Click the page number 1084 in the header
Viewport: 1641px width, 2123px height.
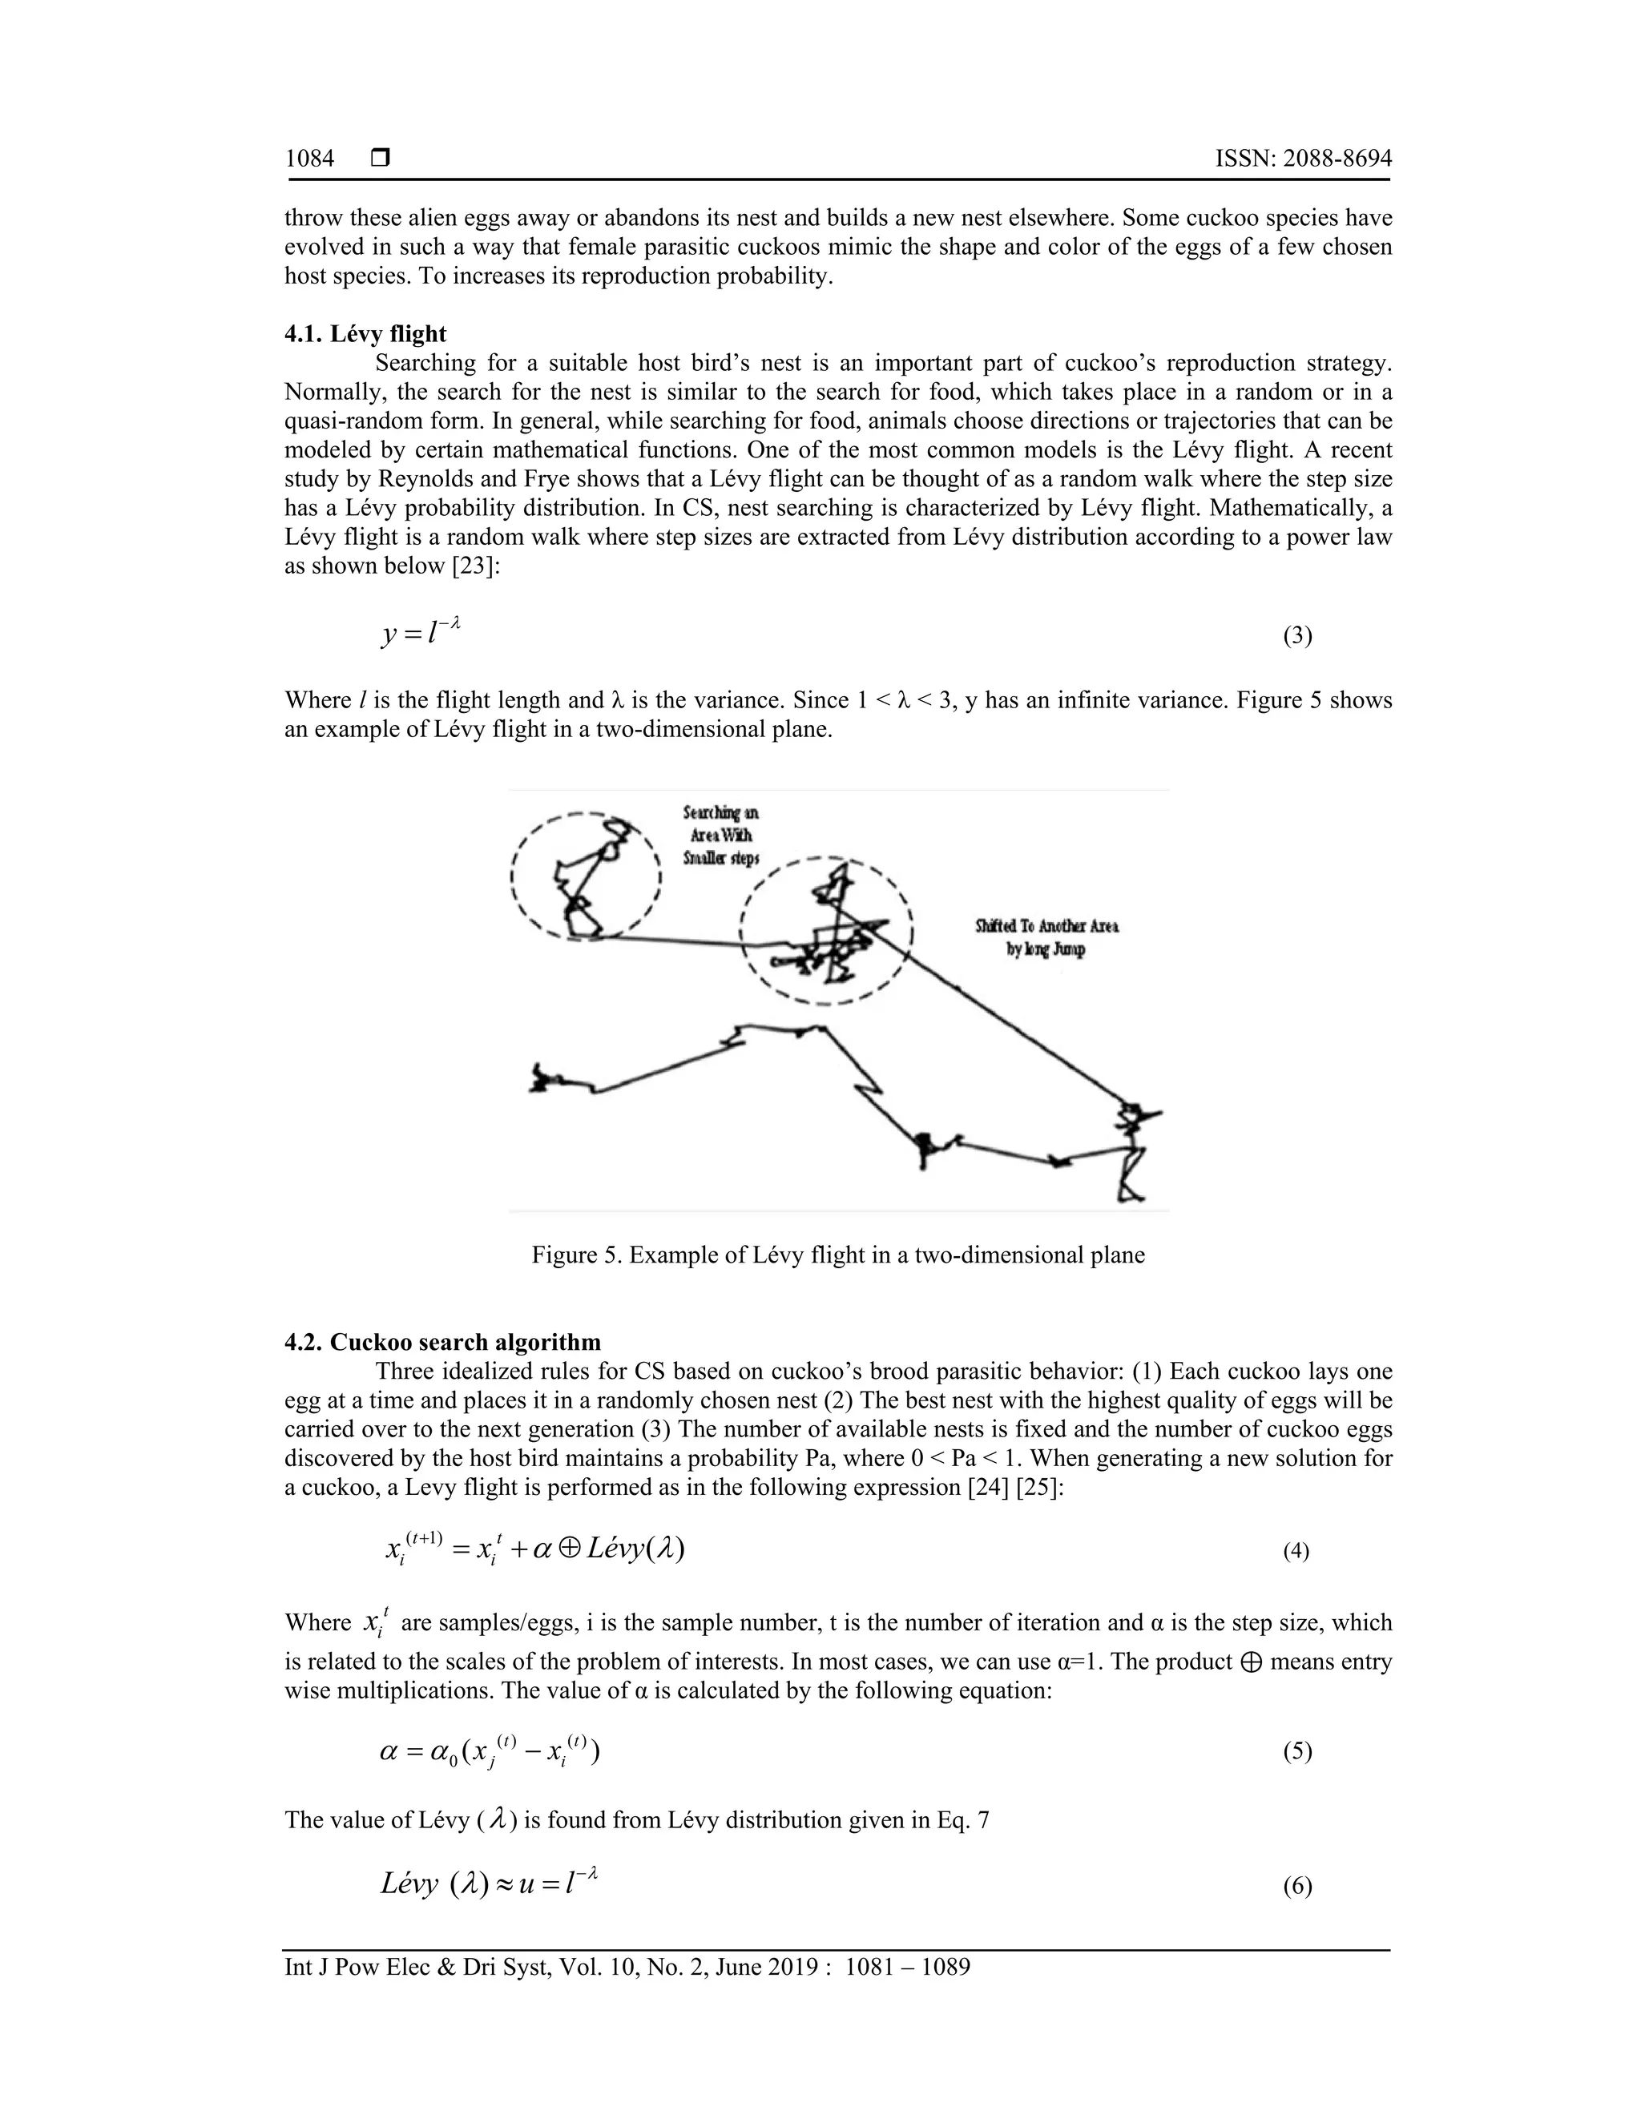click(x=309, y=159)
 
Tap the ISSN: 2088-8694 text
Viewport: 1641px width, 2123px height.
click(x=1303, y=159)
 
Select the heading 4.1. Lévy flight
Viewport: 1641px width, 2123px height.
click(x=365, y=334)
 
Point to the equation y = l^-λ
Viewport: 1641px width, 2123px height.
click(x=420, y=634)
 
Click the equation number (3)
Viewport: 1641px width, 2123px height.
click(x=1297, y=637)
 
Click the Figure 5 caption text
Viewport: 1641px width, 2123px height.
click(x=838, y=1255)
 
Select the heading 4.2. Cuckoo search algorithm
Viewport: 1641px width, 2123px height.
click(x=442, y=1343)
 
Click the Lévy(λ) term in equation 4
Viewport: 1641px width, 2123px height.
click(x=637, y=1548)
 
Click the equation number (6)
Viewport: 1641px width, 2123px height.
click(x=1297, y=1887)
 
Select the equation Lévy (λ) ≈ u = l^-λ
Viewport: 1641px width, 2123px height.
click(x=488, y=1884)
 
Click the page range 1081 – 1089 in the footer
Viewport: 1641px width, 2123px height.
click(x=908, y=1968)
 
